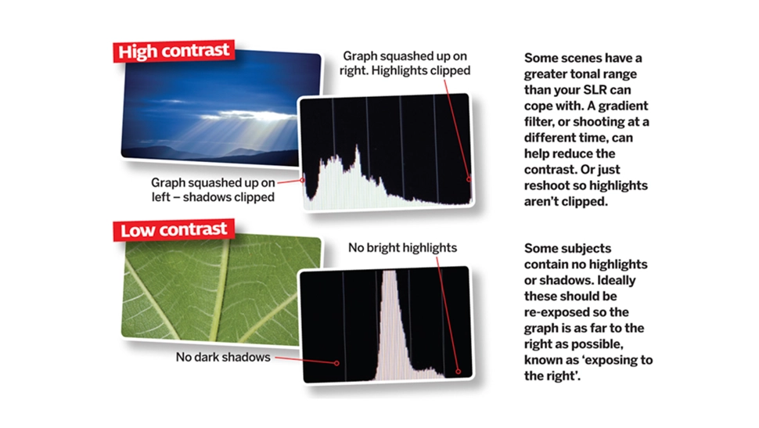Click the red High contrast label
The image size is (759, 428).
coord(174,51)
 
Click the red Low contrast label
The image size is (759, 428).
coord(174,229)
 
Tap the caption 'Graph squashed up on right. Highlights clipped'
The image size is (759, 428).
coord(405,63)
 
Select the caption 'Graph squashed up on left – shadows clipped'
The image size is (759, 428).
coord(213,190)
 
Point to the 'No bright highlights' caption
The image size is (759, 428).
coord(402,247)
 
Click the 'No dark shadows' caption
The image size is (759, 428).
coord(223,357)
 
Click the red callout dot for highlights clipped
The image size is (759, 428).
coord(469,179)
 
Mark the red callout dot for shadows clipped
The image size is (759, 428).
coord(303,180)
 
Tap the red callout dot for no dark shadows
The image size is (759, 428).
coord(337,362)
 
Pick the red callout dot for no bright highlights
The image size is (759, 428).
coord(458,372)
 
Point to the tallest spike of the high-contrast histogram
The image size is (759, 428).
coord(358,147)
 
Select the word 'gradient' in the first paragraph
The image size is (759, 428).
coord(623,106)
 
